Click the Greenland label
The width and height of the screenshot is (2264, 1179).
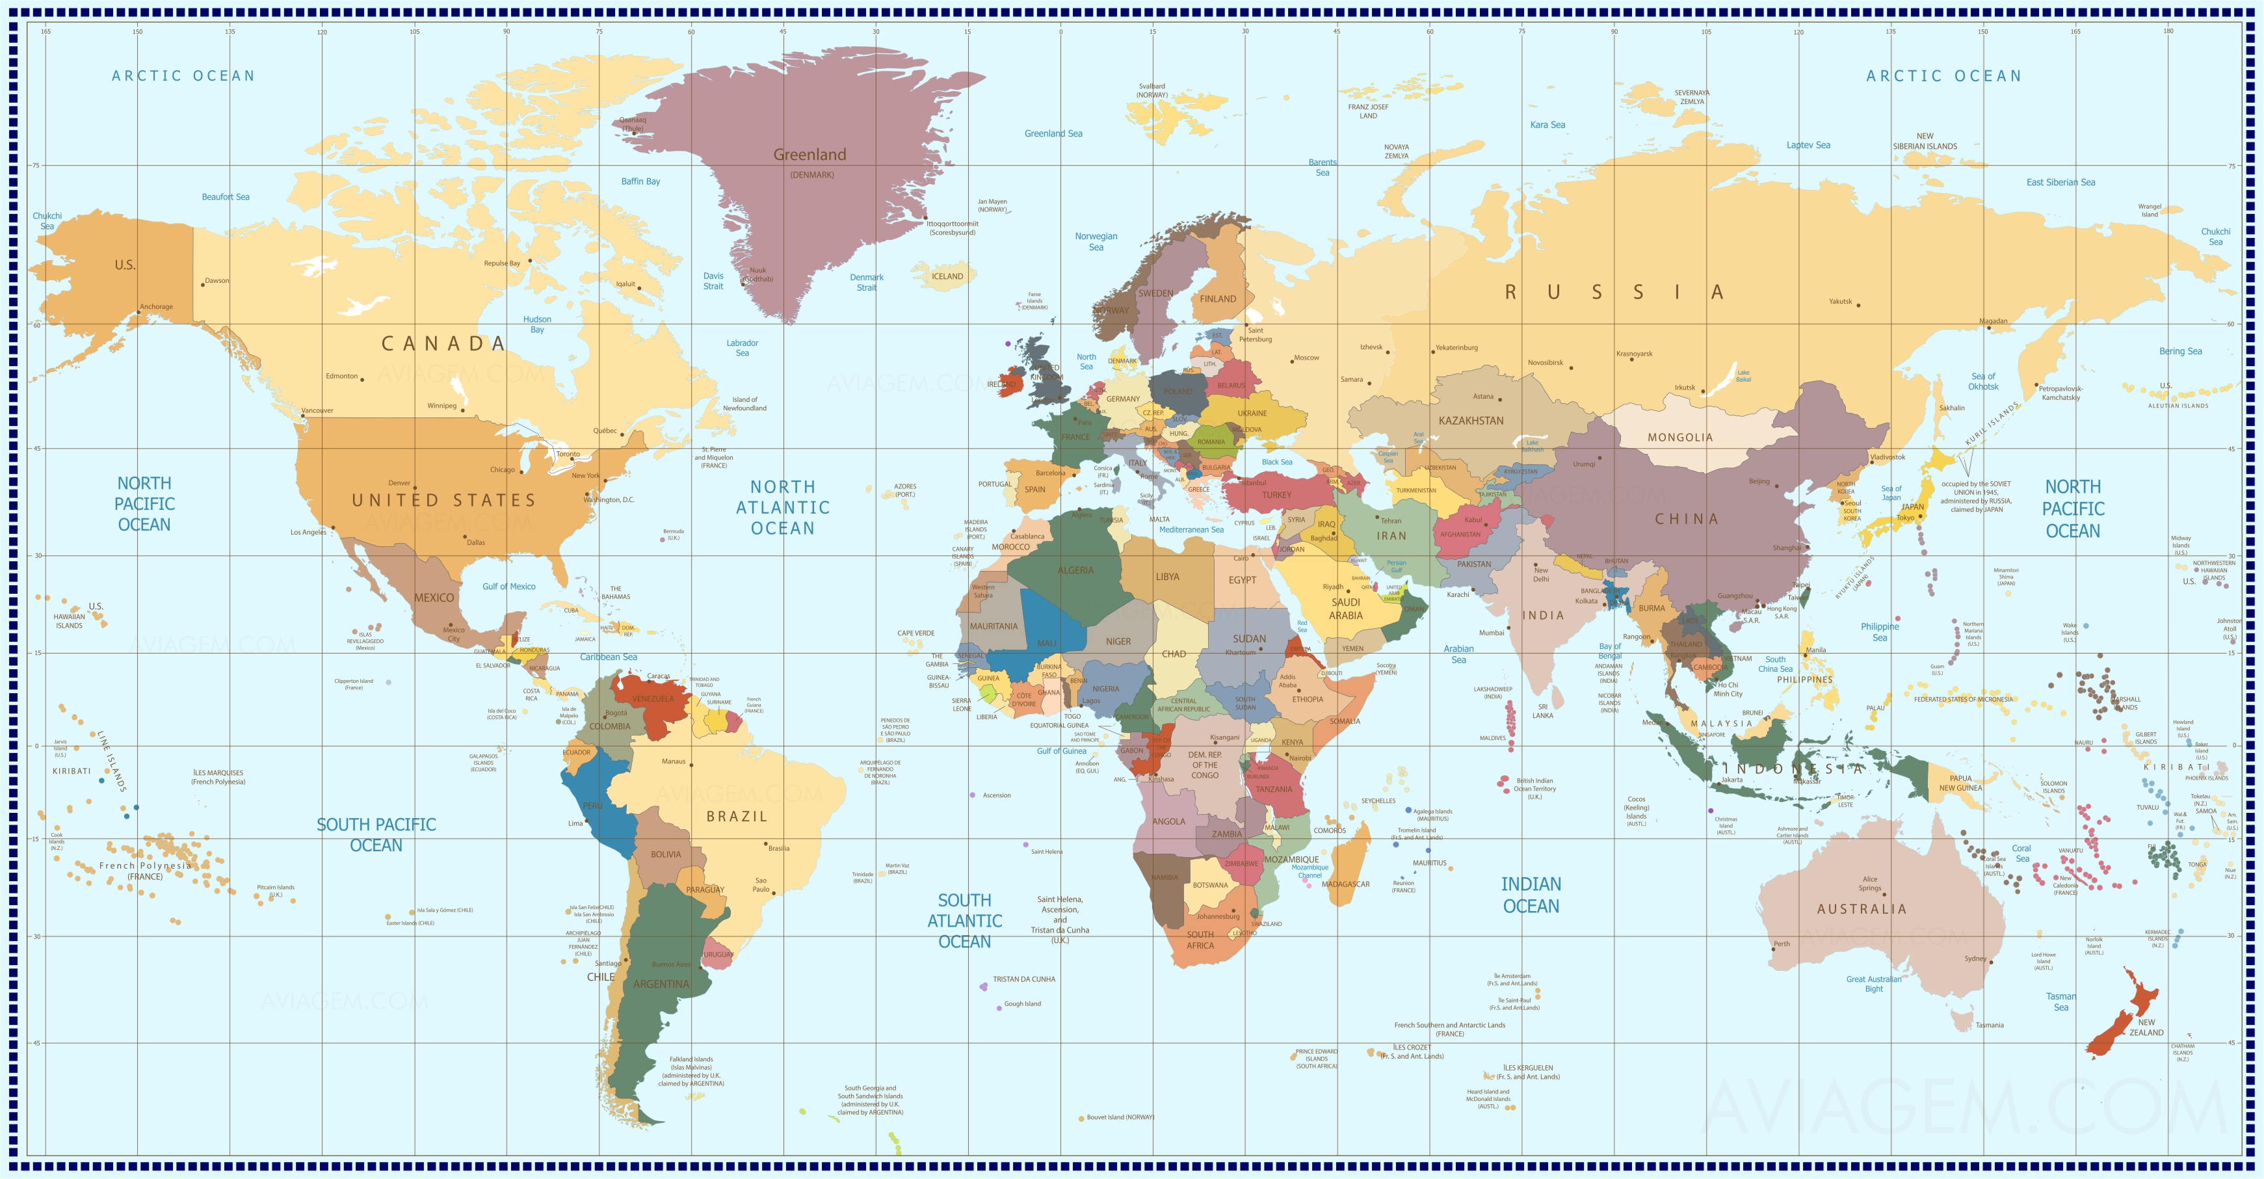coord(810,155)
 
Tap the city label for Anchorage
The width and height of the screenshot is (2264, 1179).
coord(157,307)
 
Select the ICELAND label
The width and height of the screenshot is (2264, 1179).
coord(947,276)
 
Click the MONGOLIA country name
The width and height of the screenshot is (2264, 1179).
coord(1679,437)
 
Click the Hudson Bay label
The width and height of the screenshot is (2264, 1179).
coord(537,325)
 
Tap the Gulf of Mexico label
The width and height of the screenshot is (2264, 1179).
coord(509,587)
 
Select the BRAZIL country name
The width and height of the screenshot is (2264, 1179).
coord(737,817)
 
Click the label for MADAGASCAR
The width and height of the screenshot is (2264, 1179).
coord(1345,884)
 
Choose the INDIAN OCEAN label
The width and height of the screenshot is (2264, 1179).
coord(1531,895)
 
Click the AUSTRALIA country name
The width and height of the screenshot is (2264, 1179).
coord(1862,909)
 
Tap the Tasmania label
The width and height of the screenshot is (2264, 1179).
coord(1990,1025)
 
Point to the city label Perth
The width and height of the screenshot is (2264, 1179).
coord(1782,944)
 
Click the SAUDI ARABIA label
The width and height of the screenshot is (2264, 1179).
coord(1345,609)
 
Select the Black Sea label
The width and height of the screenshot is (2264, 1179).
coord(1277,462)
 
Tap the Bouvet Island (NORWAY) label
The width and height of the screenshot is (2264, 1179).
coord(1120,1117)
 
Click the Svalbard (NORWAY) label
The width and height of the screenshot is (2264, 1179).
coord(1152,90)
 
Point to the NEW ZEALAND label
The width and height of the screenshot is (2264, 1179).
coord(2146,1027)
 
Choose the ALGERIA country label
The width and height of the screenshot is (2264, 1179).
coord(1075,570)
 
